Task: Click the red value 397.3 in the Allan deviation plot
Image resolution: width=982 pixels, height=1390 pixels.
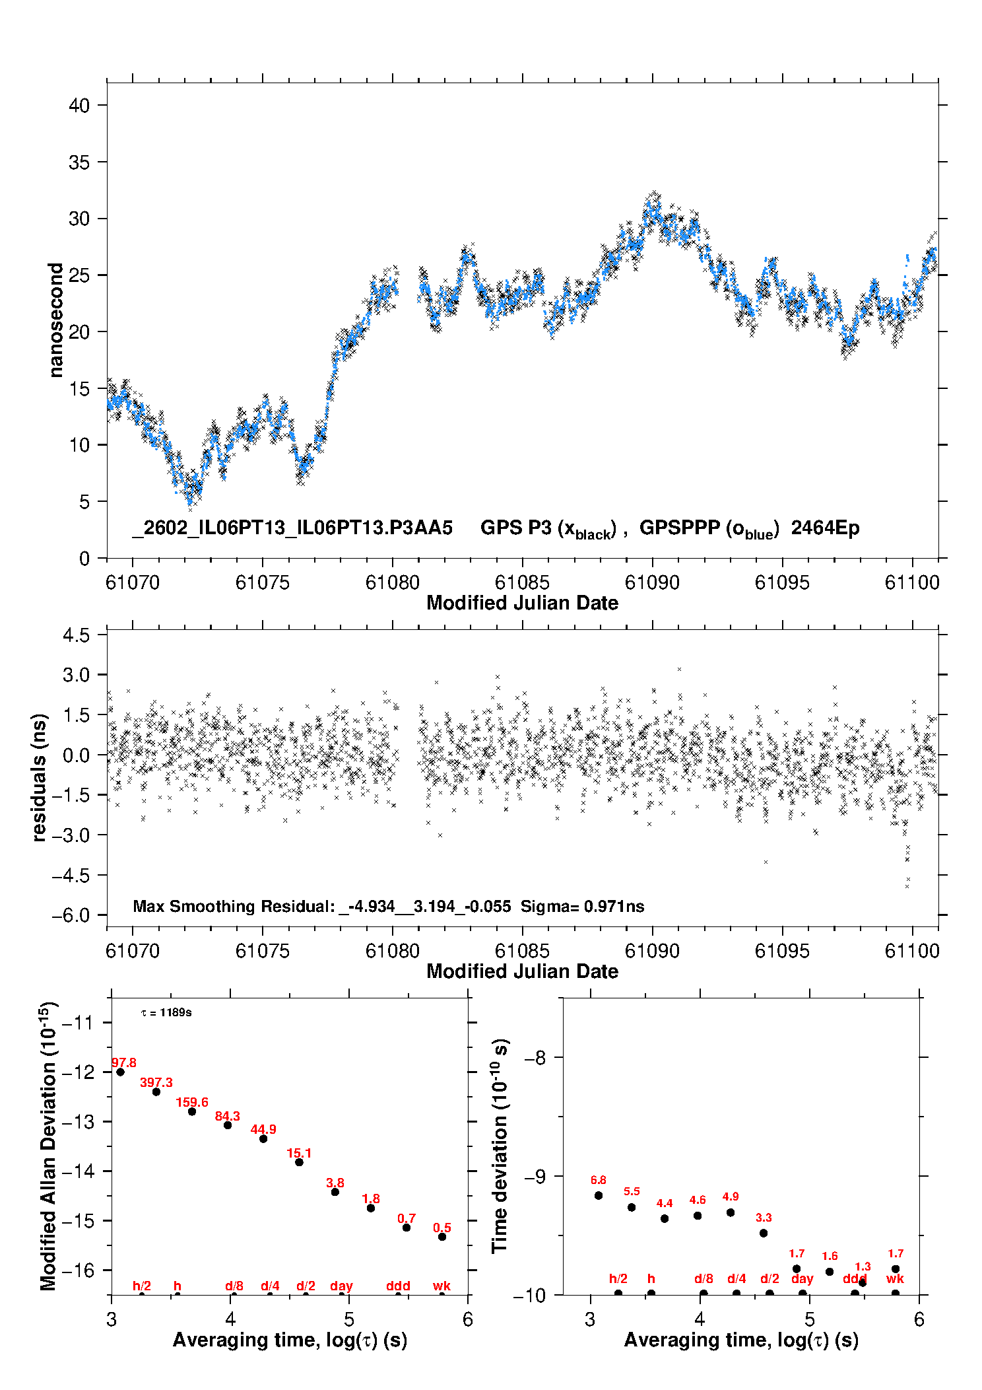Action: coord(156,1082)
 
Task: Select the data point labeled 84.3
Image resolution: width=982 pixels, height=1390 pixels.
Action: coord(228,1125)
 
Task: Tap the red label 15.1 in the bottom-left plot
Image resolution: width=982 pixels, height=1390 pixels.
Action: coord(299,1153)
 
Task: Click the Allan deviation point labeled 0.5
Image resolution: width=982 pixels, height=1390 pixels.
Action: coord(442,1237)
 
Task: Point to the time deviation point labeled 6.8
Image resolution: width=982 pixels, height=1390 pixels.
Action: coord(599,1195)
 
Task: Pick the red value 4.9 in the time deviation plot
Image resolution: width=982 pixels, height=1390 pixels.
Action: coord(731,1196)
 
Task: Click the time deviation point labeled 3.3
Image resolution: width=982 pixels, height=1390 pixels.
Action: coord(764,1233)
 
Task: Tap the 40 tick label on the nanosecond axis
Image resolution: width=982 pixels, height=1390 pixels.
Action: coord(79,106)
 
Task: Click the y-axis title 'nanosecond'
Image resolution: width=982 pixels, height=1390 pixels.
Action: coord(55,320)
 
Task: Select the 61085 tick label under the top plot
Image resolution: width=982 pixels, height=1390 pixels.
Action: coord(522,582)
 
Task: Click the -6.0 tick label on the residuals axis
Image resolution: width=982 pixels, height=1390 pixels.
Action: coord(76,916)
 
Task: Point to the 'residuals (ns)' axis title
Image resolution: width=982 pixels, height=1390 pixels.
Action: coord(40,777)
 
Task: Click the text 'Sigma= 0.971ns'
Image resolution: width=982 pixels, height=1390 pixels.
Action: coord(582,906)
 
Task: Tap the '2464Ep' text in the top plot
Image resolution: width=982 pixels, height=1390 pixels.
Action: coord(825,528)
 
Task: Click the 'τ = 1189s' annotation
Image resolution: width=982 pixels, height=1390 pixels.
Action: coord(166,1012)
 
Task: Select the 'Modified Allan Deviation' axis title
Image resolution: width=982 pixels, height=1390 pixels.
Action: coord(49,1146)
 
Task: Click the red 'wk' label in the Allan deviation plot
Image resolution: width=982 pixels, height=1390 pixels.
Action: coord(442,1286)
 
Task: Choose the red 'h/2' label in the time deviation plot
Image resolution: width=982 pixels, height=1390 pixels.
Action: coord(618,1278)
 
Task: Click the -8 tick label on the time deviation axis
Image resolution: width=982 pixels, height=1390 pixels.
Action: coord(535,1057)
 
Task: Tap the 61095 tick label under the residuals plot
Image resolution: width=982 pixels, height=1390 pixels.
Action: coord(782,951)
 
